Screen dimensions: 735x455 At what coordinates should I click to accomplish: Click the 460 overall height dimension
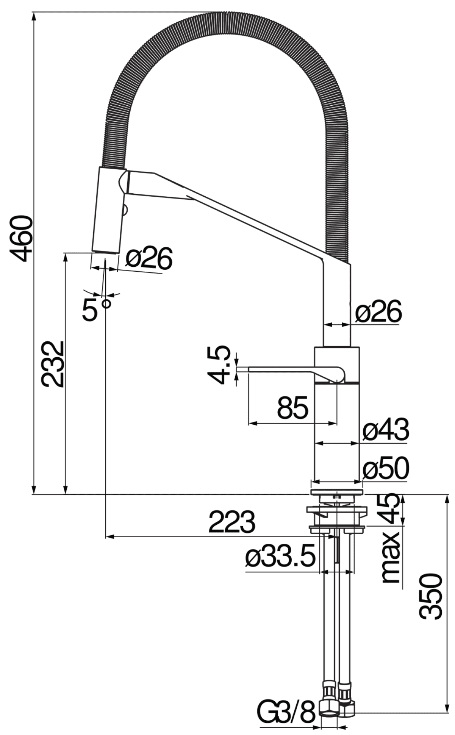click(x=22, y=238)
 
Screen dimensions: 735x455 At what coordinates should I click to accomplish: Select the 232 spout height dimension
click(x=53, y=364)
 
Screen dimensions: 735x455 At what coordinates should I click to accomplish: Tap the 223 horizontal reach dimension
click(x=232, y=522)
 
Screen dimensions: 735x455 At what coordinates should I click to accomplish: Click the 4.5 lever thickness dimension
click(x=219, y=365)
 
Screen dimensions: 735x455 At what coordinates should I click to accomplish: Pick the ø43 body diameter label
click(x=386, y=430)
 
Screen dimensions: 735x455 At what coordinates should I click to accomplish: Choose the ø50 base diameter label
click(x=386, y=468)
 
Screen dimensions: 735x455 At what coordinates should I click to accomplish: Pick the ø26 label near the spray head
click(x=149, y=258)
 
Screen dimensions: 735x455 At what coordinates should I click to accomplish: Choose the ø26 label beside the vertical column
click(x=378, y=312)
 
